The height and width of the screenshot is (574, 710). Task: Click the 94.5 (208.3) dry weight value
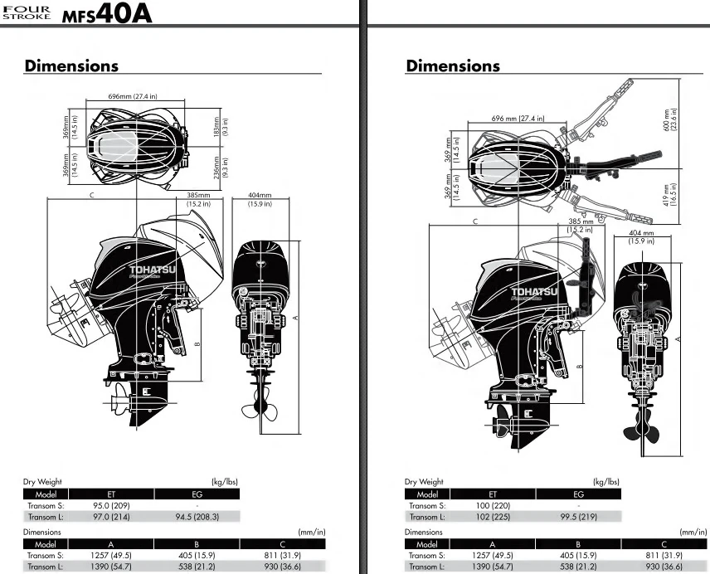[197, 517]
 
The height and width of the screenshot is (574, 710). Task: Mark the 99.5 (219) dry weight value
[578, 517]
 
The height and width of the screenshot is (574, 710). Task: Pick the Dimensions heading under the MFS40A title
[71, 66]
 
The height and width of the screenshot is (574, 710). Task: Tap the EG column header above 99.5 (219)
[578, 494]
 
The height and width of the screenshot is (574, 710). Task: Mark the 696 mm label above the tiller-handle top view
[518, 119]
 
